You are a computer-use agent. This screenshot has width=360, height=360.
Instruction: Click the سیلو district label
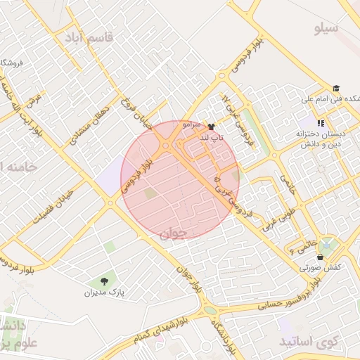pyautogui.click(x=326, y=29)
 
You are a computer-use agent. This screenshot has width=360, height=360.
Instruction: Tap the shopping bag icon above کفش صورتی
pyautogui.click(x=321, y=257)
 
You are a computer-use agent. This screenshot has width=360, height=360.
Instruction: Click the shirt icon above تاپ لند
pyautogui.click(x=212, y=127)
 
